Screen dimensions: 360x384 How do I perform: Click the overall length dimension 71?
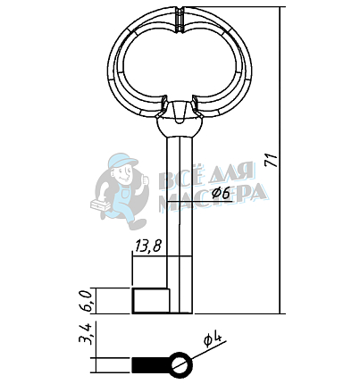point(272,161)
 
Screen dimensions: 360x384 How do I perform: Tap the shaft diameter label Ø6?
point(221,194)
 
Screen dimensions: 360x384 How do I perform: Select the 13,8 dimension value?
point(148,246)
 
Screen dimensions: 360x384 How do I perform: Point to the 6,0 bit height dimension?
point(85,300)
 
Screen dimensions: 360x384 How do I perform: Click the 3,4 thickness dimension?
point(85,334)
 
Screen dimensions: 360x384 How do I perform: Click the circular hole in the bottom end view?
point(180,365)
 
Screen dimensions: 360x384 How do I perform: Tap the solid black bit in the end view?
point(151,365)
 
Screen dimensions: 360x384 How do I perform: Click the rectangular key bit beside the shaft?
point(151,301)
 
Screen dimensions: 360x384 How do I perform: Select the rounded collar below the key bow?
point(180,127)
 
